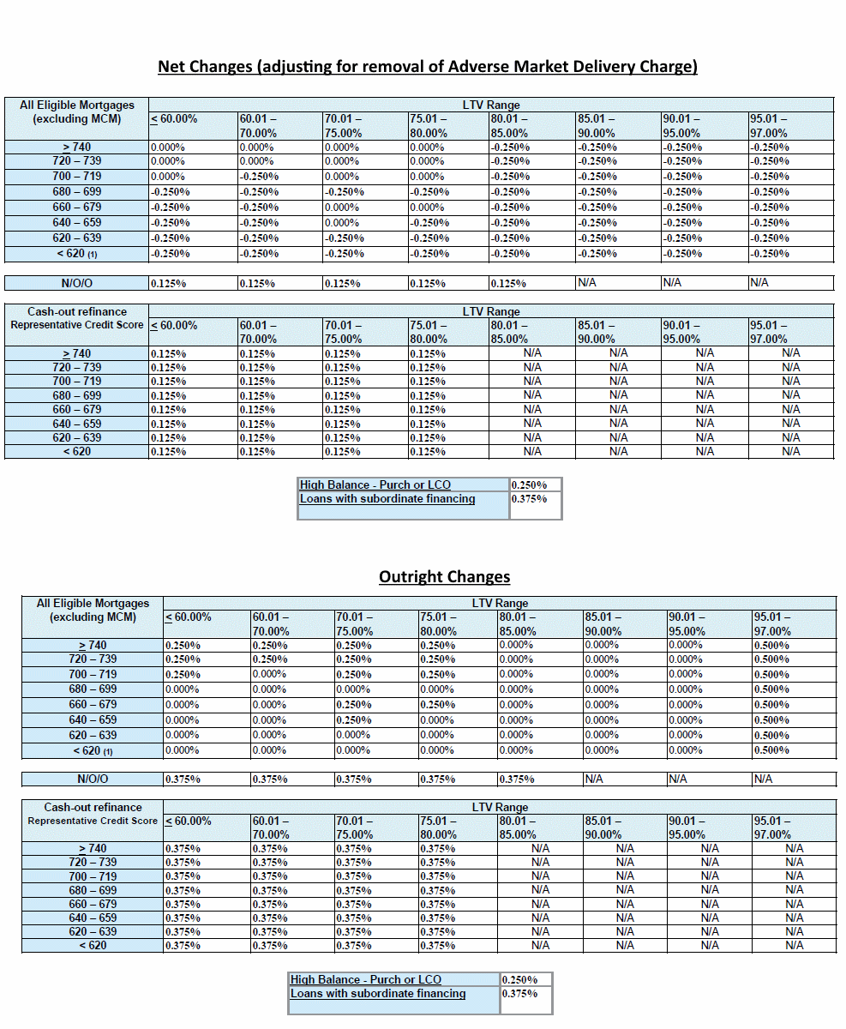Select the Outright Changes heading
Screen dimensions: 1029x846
[x=444, y=576]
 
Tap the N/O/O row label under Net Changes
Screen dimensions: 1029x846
[x=77, y=282]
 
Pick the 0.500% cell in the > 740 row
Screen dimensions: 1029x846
[x=771, y=646]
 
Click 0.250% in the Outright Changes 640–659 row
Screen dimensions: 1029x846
[x=353, y=720]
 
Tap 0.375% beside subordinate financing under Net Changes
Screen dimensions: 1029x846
[x=529, y=499]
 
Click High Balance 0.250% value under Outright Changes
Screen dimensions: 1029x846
[x=520, y=980]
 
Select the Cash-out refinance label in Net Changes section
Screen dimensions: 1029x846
[x=77, y=311]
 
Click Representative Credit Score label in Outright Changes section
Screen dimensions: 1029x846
[x=93, y=821]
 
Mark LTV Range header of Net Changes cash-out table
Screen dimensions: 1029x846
[x=490, y=311]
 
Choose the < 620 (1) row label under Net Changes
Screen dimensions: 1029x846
[x=77, y=254]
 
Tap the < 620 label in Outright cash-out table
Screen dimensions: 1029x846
[x=93, y=945]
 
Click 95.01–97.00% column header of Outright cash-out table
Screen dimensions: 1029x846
[x=772, y=827]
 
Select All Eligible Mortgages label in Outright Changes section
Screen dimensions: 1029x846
[x=93, y=603]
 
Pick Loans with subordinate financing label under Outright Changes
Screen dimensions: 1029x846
[x=378, y=994]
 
